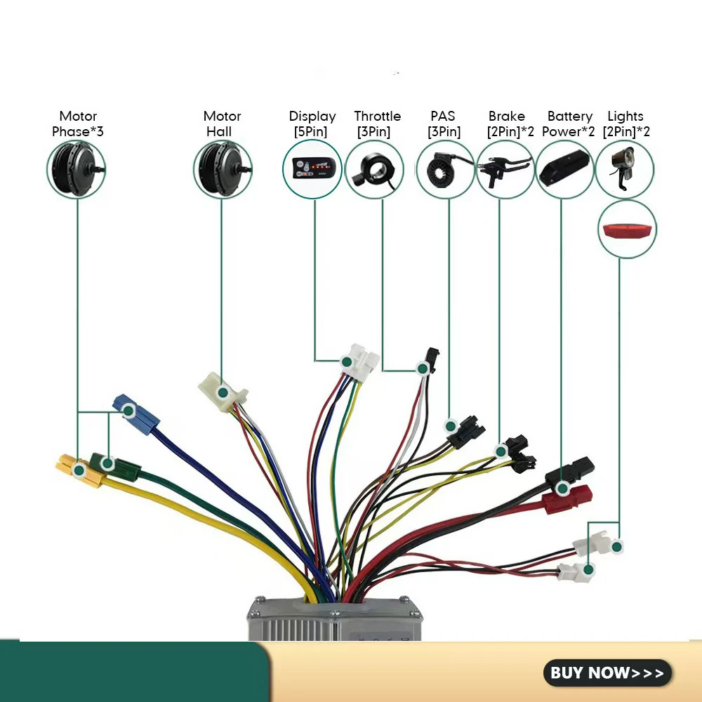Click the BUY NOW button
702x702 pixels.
coord(607,673)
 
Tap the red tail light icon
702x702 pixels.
coord(627,230)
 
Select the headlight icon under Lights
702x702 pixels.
coord(623,168)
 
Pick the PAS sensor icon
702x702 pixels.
coord(444,169)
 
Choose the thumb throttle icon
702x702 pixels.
coord(374,170)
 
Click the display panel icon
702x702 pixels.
coord(312,168)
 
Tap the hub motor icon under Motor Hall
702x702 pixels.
coord(223,169)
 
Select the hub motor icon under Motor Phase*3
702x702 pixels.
coord(76,169)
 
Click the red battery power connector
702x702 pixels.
coord(567,498)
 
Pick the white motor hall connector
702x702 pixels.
coord(222,392)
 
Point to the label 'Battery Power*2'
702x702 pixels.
coord(569,124)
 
